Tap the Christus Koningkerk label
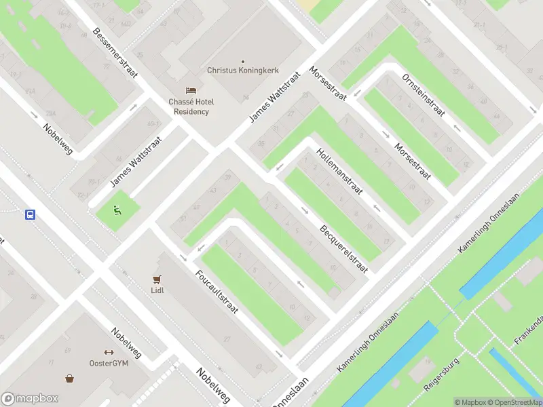coord(242,71)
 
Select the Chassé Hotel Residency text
coord(191,106)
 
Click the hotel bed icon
coord(191,91)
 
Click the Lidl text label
coord(157,290)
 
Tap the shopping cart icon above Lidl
coord(157,278)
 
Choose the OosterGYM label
coord(109,364)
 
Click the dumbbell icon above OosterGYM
coord(108,352)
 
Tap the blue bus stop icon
coord(31,214)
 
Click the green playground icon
coord(117,210)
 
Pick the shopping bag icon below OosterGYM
coord(69,379)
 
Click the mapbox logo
coord(30,398)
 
